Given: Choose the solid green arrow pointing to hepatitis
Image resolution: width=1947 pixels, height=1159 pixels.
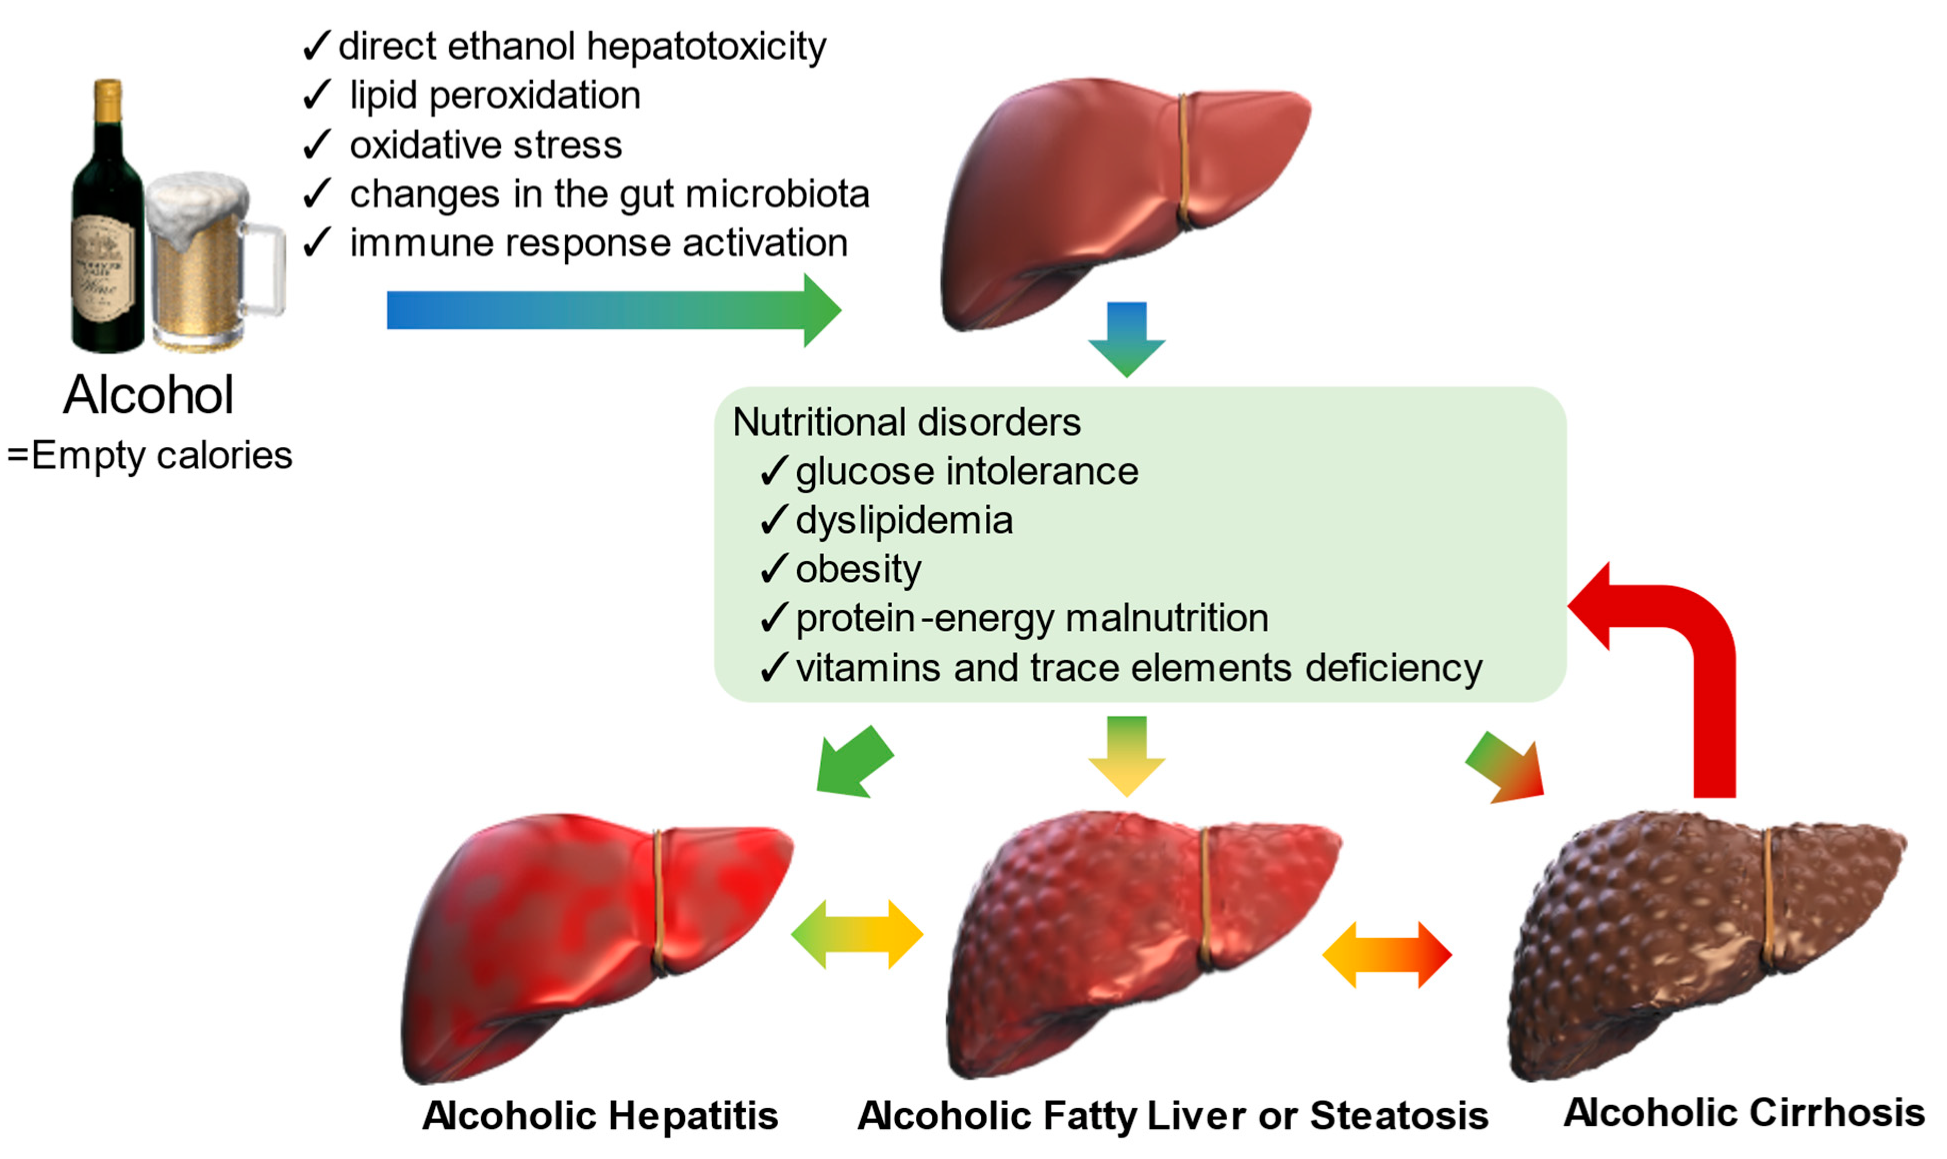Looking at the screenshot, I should tap(851, 762).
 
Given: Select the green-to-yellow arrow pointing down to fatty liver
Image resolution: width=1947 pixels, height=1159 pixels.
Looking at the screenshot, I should tap(1126, 754).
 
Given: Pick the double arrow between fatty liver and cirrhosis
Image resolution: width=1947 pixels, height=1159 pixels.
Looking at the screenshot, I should tap(1386, 955).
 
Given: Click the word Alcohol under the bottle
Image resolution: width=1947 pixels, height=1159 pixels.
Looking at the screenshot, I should tap(148, 395).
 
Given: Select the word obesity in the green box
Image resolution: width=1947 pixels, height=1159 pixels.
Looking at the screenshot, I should tap(857, 569).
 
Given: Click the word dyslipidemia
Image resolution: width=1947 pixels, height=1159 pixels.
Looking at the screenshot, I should tap(904, 520).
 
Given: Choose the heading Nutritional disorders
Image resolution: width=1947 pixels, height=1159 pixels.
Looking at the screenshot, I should tap(906, 422).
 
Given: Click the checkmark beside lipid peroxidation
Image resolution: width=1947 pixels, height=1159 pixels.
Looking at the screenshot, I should tap(316, 95).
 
